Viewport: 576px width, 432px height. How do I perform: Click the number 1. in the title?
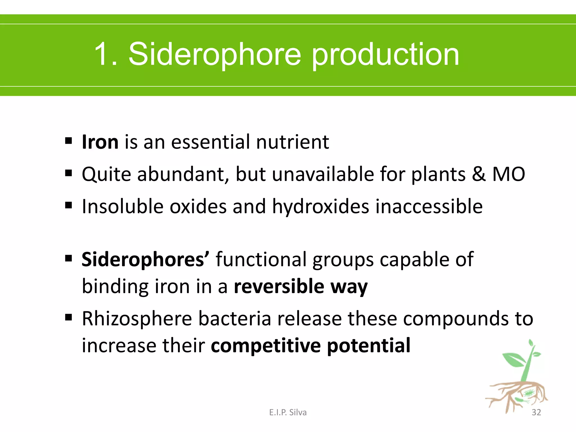pyautogui.click(x=105, y=54)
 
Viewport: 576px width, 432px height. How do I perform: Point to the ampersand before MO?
pyautogui.click(x=479, y=174)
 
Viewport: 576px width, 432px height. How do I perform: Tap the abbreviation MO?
pyautogui.click(x=508, y=174)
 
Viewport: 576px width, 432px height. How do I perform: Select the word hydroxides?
pyautogui.click(x=321, y=207)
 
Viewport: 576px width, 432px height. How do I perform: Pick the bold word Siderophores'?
pyautogui.click(x=145, y=259)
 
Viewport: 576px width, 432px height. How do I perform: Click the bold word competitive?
pyautogui.click(x=266, y=346)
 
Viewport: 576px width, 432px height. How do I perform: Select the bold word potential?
pyautogui.click(x=369, y=346)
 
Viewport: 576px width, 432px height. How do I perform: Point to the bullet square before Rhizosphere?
pyautogui.click(x=68, y=318)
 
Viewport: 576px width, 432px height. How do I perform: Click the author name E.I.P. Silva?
pyautogui.click(x=288, y=412)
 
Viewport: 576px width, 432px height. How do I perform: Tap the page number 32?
pyautogui.click(x=536, y=412)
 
